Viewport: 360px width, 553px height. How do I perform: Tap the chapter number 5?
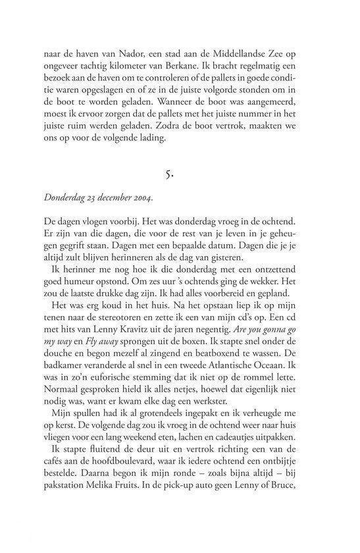(x=180, y=174)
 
